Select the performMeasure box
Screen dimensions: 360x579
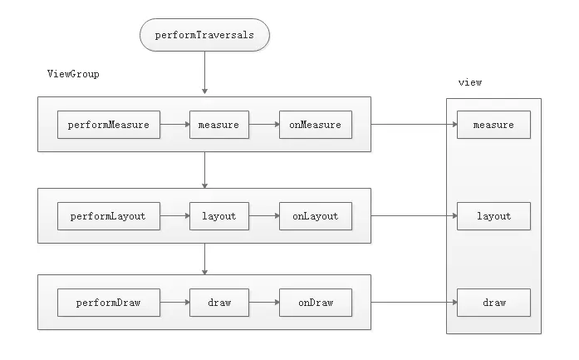(x=108, y=125)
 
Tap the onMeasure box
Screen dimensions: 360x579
(x=315, y=125)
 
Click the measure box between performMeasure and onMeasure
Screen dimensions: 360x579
(x=218, y=125)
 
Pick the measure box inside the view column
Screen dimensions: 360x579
(x=493, y=125)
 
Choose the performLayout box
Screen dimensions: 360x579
(x=108, y=216)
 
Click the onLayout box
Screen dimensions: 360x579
(x=315, y=216)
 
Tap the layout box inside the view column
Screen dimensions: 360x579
(x=493, y=216)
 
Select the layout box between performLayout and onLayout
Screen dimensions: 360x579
(x=218, y=216)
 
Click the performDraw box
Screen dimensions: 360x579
(x=108, y=303)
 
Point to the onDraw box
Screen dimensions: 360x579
(x=315, y=303)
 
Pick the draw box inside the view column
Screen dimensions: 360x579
(x=493, y=303)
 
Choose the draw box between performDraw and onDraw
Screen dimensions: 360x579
(x=218, y=303)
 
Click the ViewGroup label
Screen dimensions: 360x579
(x=73, y=74)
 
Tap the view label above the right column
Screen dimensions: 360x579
(x=469, y=83)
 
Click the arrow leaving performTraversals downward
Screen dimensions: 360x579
(x=204, y=75)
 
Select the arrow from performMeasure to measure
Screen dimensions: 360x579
(x=174, y=125)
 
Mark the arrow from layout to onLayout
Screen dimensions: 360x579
(x=263, y=216)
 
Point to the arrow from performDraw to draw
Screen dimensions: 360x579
(x=174, y=303)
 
